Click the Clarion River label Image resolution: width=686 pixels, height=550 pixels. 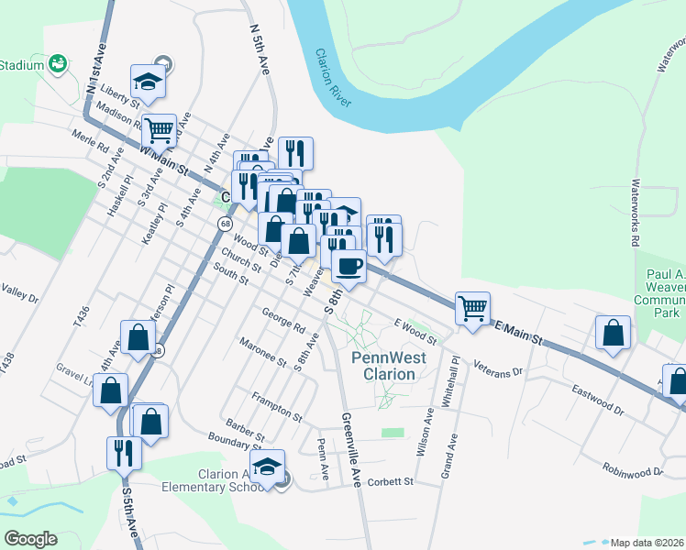tap(334, 78)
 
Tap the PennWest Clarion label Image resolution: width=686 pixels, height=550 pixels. tap(384, 366)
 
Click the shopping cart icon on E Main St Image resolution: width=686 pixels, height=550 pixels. tap(472, 308)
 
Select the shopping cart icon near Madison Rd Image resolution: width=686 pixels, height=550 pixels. tap(159, 131)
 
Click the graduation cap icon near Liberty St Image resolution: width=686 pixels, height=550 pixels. tap(147, 80)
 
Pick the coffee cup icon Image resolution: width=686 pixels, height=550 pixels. tap(349, 266)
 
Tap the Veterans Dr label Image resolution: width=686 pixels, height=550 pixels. tap(497, 368)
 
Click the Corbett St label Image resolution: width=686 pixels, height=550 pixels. tap(392, 480)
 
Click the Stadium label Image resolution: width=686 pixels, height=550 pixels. tap(22, 65)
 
